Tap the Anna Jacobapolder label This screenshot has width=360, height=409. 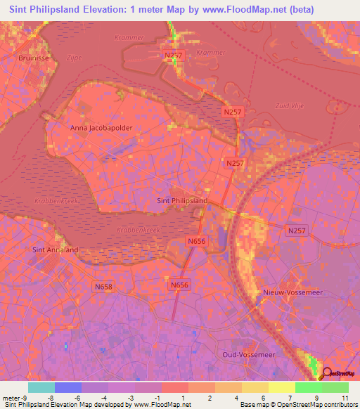click(x=101, y=129)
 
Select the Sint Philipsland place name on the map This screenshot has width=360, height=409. click(x=181, y=200)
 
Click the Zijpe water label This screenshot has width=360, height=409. click(x=74, y=58)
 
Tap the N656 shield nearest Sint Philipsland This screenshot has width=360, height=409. click(x=196, y=241)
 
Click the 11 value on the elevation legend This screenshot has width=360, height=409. click(x=345, y=398)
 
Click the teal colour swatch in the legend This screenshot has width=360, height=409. click(x=41, y=387)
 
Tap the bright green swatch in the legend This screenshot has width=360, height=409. click(x=308, y=387)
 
